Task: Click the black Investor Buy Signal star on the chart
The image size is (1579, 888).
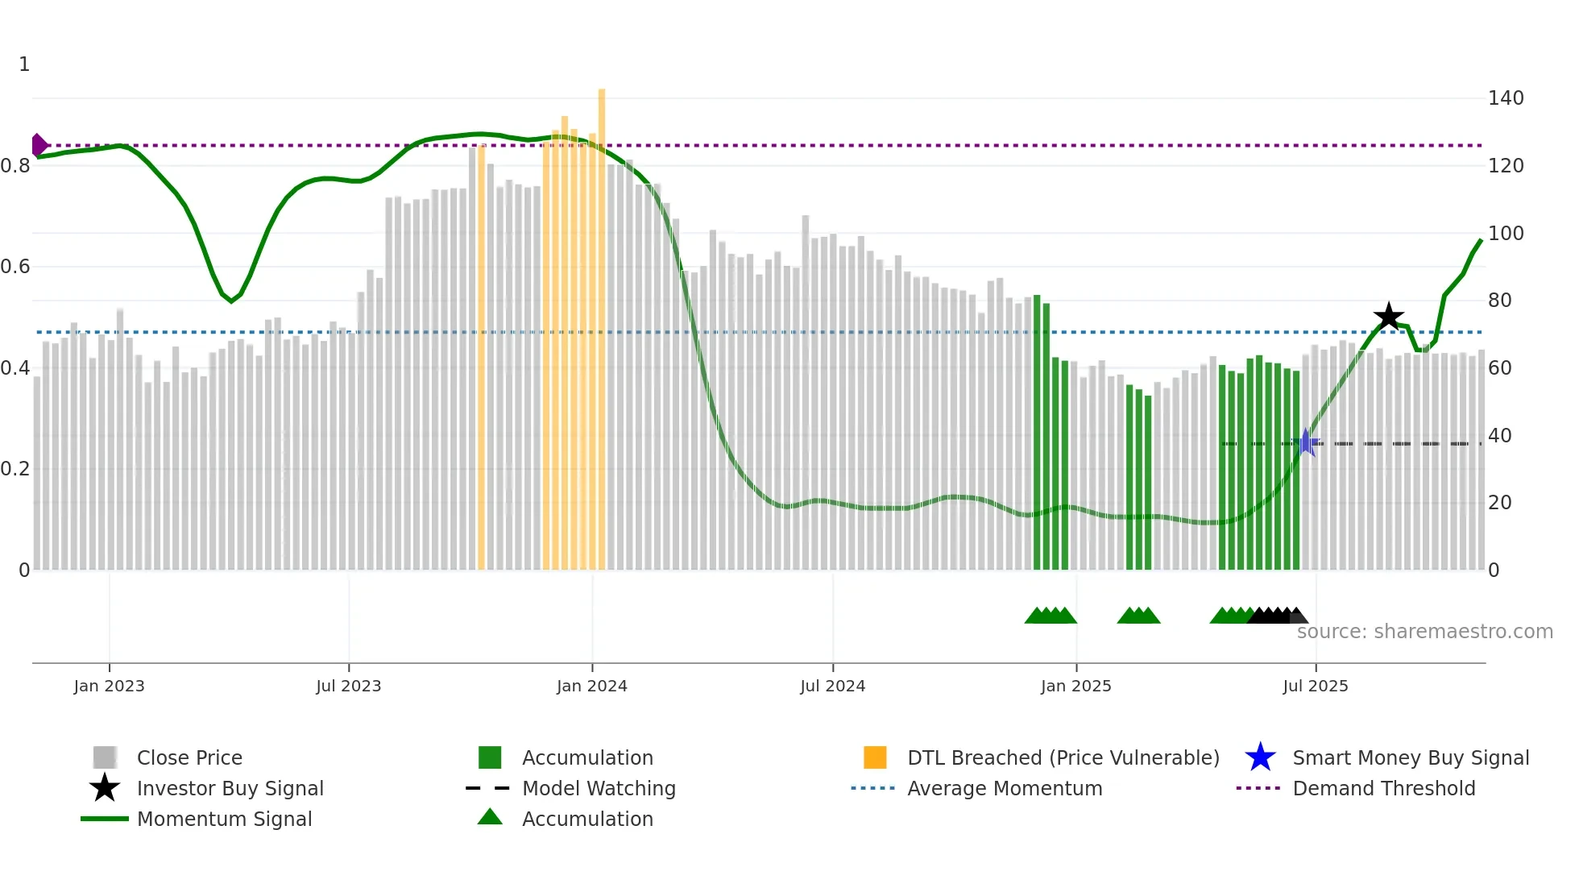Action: [1388, 317]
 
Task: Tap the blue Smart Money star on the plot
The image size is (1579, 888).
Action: [1306, 443]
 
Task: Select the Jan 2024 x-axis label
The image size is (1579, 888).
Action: [591, 686]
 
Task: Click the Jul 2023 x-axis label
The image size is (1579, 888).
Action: [348, 686]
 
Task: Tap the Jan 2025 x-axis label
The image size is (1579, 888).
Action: [1075, 686]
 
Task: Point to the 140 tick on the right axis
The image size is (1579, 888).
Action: [1506, 98]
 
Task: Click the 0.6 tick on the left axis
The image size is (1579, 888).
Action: [15, 267]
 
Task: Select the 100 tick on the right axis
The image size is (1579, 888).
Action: [1506, 234]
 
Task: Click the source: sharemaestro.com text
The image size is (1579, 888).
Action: [1424, 632]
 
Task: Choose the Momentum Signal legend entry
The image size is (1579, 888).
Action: [224, 819]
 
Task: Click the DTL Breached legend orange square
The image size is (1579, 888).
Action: [875, 757]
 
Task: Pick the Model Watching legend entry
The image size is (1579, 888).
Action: [599, 788]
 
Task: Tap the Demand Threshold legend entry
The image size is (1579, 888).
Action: [1383, 788]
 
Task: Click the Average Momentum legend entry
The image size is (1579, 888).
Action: [1005, 788]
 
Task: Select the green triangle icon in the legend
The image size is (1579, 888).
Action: [490, 818]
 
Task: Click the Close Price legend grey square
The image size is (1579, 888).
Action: [105, 757]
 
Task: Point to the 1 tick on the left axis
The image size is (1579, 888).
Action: [24, 64]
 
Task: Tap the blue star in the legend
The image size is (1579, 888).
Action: [1260, 757]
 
